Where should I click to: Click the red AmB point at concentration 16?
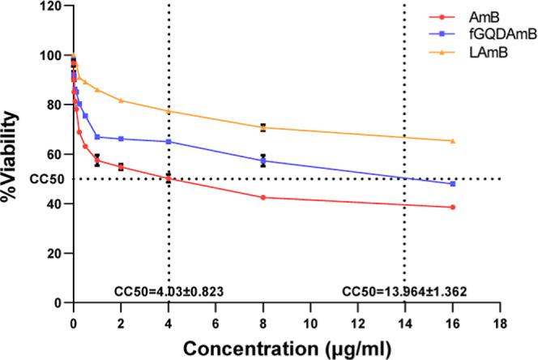[x=452, y=208]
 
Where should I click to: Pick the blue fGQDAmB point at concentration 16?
[x=452, y=184]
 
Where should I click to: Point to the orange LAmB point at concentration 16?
[x=452, y=141]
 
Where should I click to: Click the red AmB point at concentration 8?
[x=263, y=197]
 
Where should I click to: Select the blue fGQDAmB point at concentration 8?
[x=263, y=161]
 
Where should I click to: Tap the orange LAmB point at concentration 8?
[x=263, y=127]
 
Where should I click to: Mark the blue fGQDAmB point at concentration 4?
[x=169, y=142]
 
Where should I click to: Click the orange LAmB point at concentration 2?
[x=121, y=101]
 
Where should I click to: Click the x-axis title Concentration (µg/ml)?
[x=286, y=346]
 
